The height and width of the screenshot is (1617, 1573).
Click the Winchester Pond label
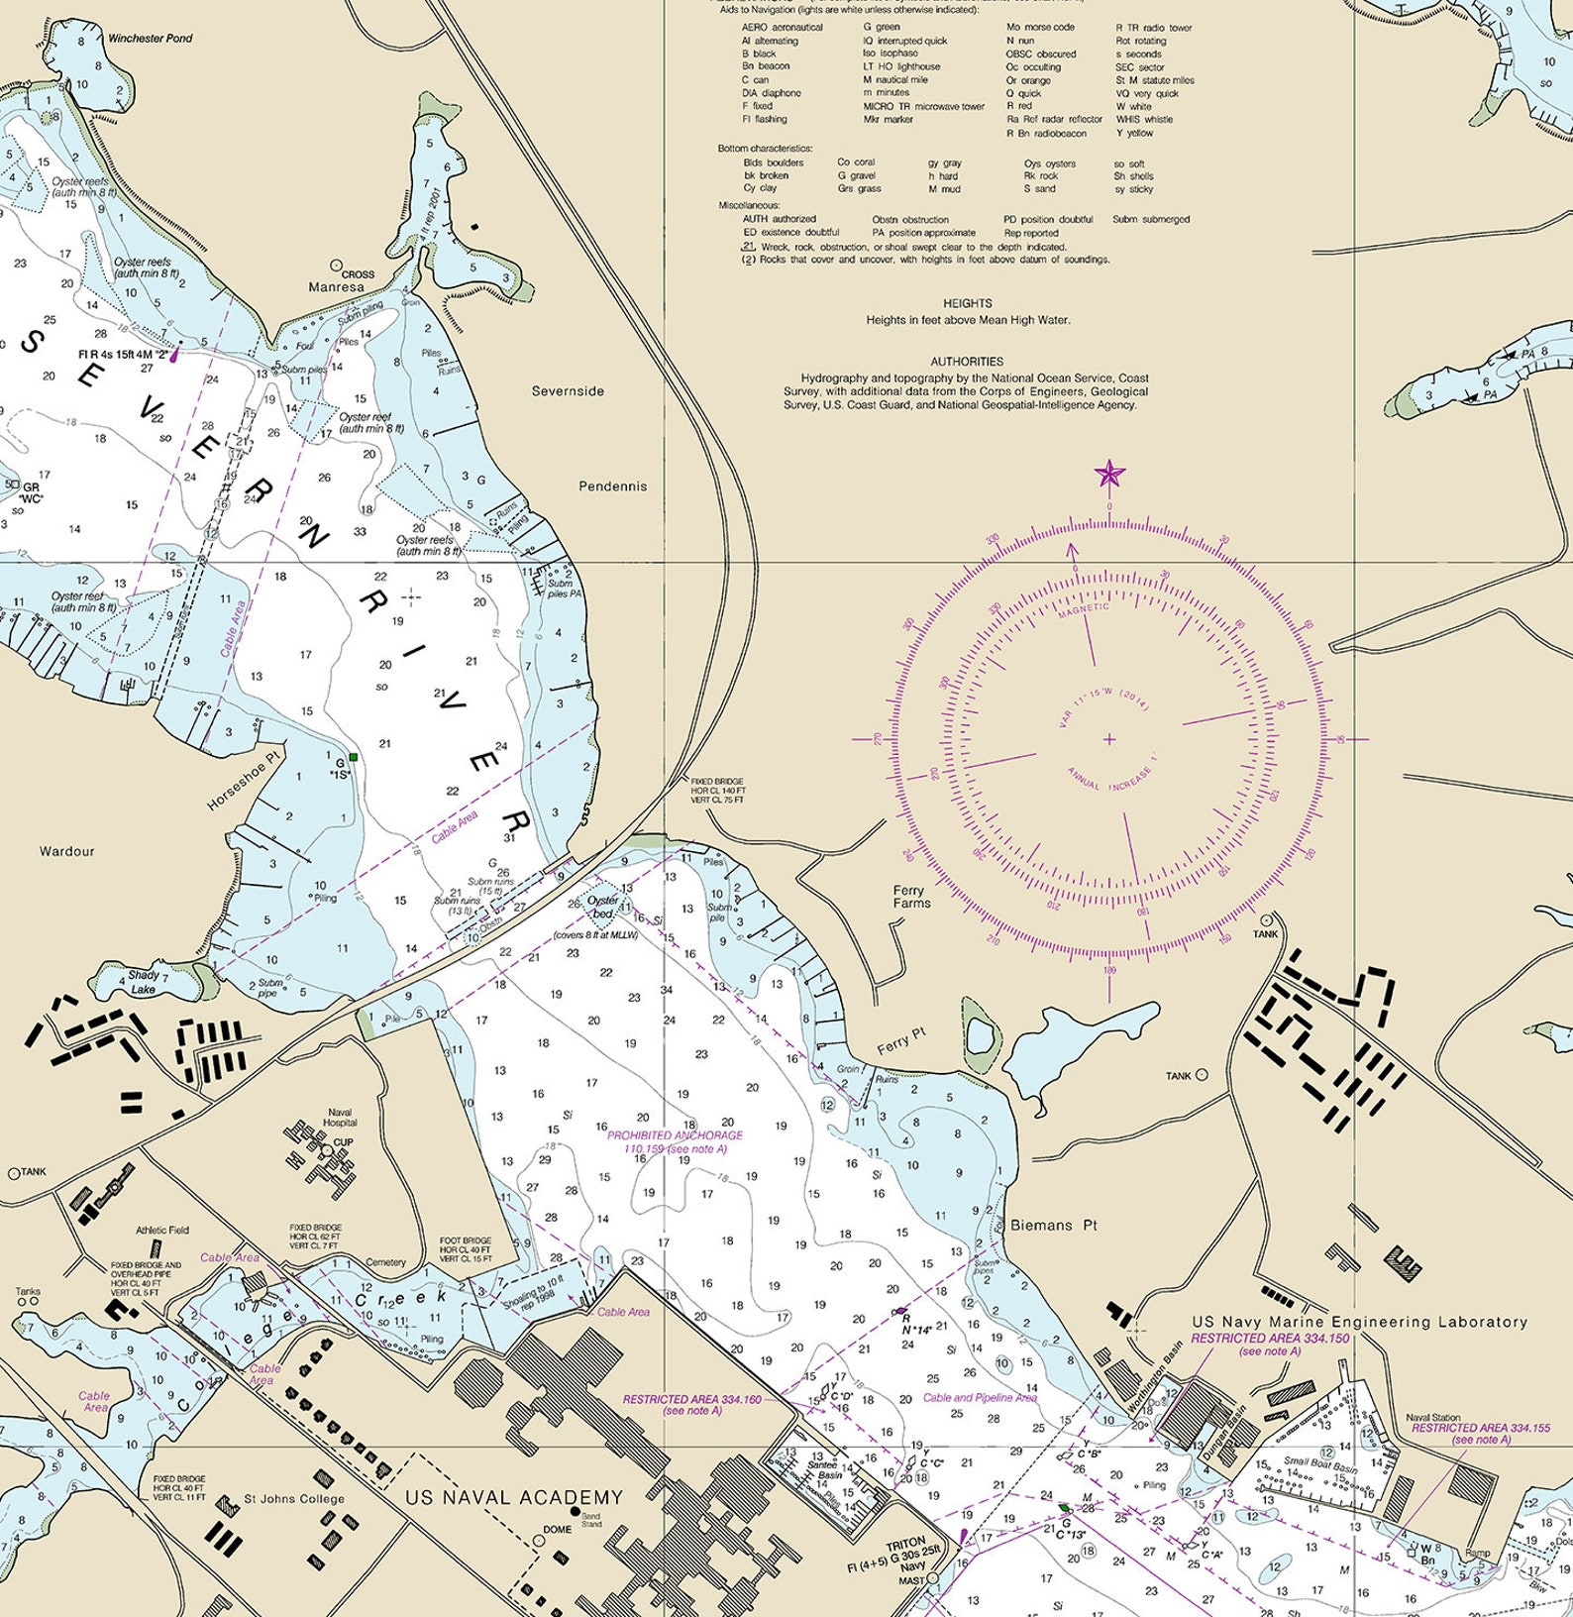150,39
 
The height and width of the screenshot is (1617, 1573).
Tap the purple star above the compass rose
1109,475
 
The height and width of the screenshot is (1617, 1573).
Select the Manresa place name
336,287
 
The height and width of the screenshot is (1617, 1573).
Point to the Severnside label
568,391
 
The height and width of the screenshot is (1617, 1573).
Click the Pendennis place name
612,486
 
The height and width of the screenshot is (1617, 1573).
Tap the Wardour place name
67,851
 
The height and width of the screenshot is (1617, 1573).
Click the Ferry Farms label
911,897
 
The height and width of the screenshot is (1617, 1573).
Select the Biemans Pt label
1054,1226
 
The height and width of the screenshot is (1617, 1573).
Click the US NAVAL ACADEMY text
514,1498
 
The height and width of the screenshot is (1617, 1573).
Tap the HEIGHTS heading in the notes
968,303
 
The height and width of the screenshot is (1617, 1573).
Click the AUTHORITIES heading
967,362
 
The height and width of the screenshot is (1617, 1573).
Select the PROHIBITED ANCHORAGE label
675,1135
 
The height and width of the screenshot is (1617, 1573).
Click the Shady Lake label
143,982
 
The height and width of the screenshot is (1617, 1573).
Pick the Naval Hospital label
339,1118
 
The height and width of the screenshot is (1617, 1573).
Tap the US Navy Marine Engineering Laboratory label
1359,1322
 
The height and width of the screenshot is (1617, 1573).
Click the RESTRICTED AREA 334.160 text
691,1400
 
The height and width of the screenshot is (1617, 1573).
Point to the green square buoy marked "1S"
352,757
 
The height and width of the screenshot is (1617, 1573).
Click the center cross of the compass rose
1109,738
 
